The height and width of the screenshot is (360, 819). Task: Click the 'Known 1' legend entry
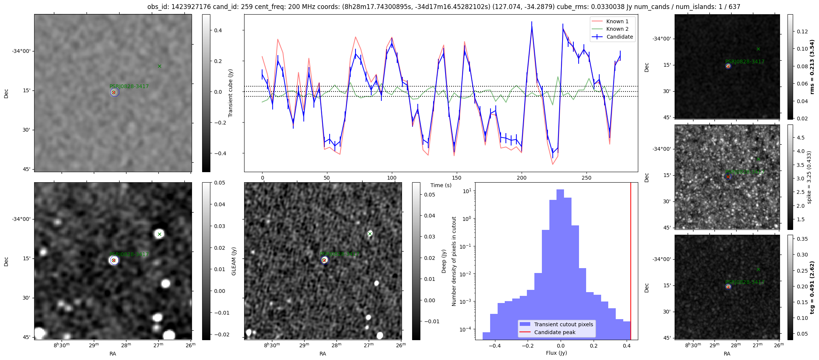click(x=617, y=21)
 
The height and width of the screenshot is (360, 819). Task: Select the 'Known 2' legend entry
click(x=617, y=29)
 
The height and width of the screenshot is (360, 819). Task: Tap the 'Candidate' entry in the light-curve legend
click(x=619, y=37)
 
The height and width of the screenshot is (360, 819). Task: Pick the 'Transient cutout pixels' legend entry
click(x=563, y=324)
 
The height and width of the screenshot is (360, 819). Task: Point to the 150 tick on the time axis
click(x=456, y=178)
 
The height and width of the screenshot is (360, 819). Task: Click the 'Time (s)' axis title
click(x=441, y=185)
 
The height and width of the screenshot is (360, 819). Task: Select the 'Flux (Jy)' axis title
click(x=556, y=353)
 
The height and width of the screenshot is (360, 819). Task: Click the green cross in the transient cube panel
click(x=159, y=66)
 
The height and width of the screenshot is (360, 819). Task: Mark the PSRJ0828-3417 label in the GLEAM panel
click(x=129, y=254)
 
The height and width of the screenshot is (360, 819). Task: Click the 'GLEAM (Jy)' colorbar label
click(x=234, y=261)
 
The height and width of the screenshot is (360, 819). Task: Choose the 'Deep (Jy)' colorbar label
click(x=444, y=261)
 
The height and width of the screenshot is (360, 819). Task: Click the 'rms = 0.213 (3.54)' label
click(x=812, y=67)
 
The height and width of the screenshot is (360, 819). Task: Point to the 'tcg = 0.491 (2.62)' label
click(x=812, y=287)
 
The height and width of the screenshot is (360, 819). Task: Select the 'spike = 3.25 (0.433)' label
click(x=809, y=177)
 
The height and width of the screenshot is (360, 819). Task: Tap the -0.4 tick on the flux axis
click(x=495, y=345)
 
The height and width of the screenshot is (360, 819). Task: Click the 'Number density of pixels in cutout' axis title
click(x=454, y=261)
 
